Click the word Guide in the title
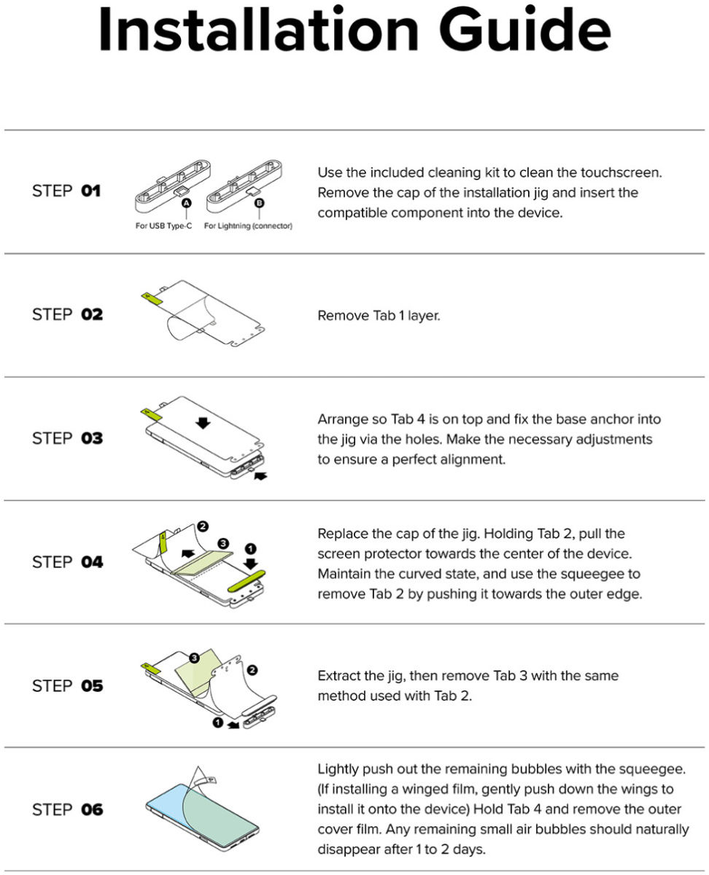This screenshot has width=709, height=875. (525, 30)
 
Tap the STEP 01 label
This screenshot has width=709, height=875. (66, 191)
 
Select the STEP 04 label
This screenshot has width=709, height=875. (67, 562)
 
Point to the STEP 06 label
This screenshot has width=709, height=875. (67, 809)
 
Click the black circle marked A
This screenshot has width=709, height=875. (187, 203)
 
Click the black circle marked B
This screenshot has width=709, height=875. (260, 203)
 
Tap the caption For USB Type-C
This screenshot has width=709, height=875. (163, 226)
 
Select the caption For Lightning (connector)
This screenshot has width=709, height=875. (248, 226)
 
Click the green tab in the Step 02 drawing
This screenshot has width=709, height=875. (151, 299)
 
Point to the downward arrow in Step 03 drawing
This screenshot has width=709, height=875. (203, 423)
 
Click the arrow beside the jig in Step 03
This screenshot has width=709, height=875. (260, 475)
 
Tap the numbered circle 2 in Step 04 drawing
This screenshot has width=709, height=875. (203, 526)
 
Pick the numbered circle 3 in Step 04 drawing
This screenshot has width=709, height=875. (222, 543)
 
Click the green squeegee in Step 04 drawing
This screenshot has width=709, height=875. (247, 581)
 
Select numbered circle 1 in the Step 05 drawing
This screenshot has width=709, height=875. (218, 722)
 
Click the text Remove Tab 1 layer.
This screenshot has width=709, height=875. (379, 316)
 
